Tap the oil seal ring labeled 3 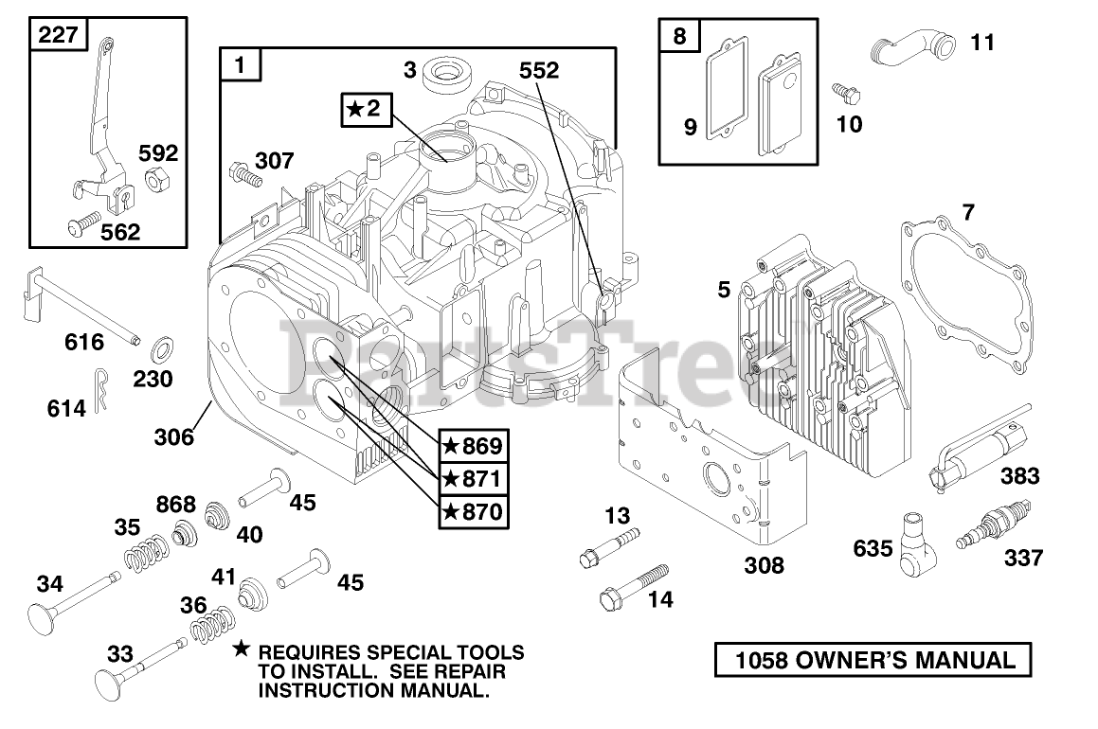point(442,72)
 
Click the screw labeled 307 point(243,174)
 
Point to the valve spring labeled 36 point(214,625)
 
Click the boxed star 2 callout point(364,110)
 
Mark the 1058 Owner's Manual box point(871,659)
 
